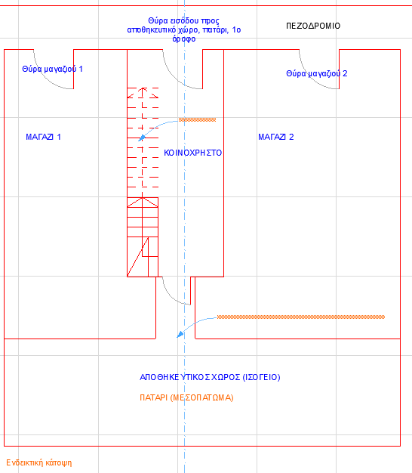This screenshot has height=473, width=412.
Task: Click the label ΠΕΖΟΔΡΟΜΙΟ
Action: point(313,26)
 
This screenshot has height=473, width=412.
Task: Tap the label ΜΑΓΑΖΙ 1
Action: point(43,137)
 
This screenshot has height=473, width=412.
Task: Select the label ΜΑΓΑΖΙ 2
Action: point(276,137)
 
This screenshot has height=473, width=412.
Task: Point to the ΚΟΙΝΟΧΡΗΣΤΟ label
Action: point(192,153)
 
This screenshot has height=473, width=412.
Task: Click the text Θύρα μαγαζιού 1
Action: point(52,69)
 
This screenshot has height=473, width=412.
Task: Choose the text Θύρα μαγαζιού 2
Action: point(316,73)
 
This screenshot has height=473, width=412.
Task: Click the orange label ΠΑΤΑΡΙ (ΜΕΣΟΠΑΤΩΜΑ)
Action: point(186,397)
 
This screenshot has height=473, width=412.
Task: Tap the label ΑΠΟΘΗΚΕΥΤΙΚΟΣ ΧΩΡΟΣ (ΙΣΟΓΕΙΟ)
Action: point(210,377)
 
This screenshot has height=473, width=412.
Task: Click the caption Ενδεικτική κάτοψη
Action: point(39,462)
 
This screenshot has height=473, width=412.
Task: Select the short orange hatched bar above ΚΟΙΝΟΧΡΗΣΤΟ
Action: point(197,119)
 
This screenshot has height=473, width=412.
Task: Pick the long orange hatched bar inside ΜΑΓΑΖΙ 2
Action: point(301,317)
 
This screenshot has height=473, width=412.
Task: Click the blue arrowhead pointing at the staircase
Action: point(142,138)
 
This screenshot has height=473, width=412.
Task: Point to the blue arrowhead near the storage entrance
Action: point(180,334)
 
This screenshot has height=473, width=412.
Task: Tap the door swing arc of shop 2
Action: point(311,78)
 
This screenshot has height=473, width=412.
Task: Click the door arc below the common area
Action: point(171,296)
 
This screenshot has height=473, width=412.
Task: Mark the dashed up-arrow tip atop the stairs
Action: point(143,88)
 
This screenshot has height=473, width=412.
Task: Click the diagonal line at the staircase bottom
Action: point(137,257)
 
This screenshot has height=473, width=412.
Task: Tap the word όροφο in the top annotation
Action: point(183,39)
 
